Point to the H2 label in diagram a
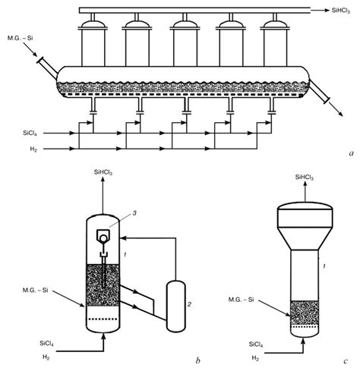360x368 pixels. (28, 149)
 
